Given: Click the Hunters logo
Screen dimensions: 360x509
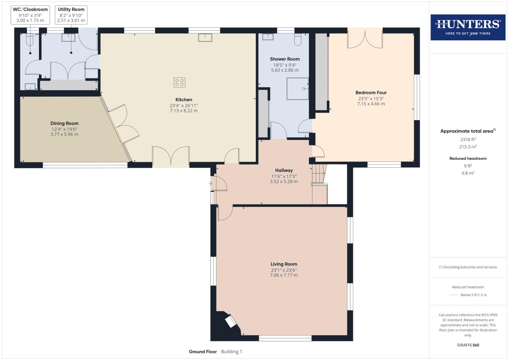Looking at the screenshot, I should pyautogui.click(x=468, y=27).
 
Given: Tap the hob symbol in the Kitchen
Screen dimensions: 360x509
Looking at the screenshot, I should pyautogui.click(x=179, y=82).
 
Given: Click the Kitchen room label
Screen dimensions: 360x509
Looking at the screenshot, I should pyautogui.click(x=184, y=100).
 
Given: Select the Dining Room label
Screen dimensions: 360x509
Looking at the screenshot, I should pyautogui.click(x=64, y=123).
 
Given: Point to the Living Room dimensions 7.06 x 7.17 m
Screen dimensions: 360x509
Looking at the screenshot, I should pyautogui.click(x=284, y=275).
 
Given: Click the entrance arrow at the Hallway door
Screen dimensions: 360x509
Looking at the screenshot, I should pyautogui.click(x=210, y=183).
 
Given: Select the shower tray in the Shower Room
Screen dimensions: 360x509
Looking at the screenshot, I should pyautogui.click(x=297, y=89).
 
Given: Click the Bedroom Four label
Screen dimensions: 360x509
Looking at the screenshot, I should pyautogui.click(x=371, y=93).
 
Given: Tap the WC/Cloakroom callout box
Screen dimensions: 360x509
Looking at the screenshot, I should pyautogui.click(x=30, y=15).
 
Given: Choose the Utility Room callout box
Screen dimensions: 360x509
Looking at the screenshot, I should pyautogui.click(x=71, y=15).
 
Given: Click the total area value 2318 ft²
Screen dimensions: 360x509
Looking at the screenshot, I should pyautogui.click(x=468, y=140).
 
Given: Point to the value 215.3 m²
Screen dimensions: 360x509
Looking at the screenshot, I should pyautogui.click(x=468, y=147).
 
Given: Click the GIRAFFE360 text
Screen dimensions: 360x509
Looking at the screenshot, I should pyautogui.click(x=468, y=345).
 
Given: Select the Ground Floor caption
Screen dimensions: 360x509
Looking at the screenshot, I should pyautogui.click(x=203, y=352).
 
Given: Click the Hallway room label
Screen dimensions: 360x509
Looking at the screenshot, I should pyautogui.click(x=284, y=170).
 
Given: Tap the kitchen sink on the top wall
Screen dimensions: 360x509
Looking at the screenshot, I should pyautogui.click(x=205, y=37).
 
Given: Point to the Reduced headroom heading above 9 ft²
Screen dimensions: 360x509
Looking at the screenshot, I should pyautogui.click(x=468, y=158).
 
